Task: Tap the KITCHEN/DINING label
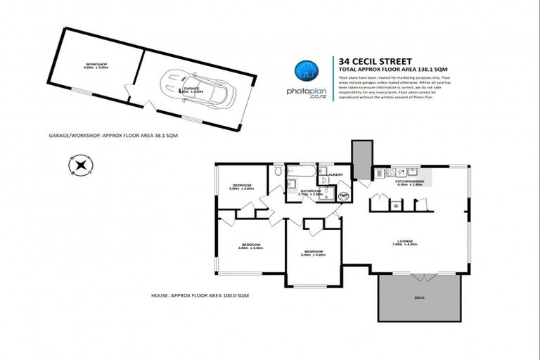click(409, 181)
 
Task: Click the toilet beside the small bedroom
click(278, 170)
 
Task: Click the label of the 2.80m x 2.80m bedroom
click(241, 187)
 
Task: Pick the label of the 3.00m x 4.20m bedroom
click(313, 252)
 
